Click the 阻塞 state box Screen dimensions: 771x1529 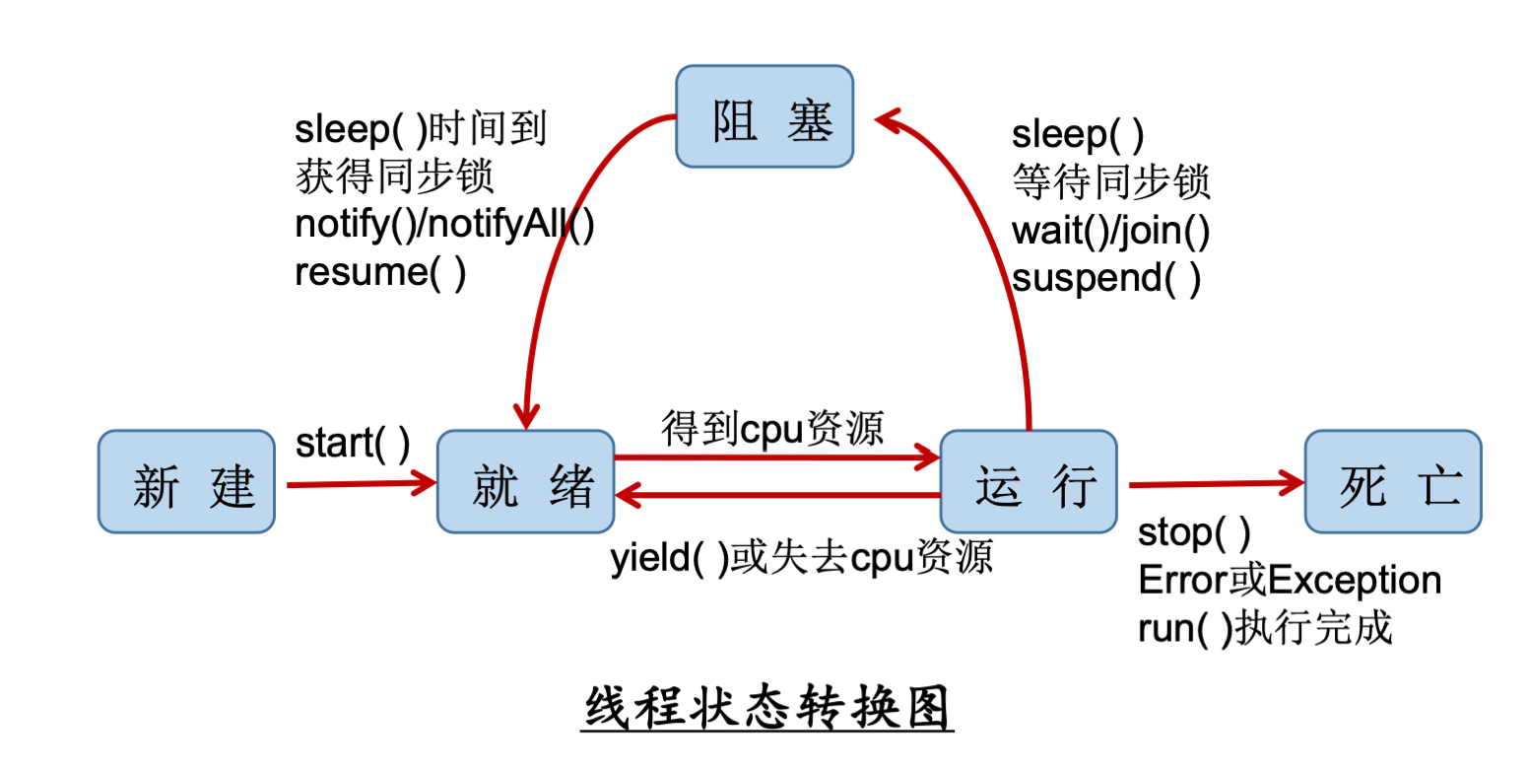click(764, 116)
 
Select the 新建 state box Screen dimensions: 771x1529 click(186, 482)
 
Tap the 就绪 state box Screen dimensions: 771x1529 click(526, 482)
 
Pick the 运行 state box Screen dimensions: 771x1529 click(1029, 482)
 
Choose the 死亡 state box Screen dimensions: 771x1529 click(1393, 482)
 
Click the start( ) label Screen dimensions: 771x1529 click(353, 445)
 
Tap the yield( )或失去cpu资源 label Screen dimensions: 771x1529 click(801, 559)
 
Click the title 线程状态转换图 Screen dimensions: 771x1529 click(766, 708)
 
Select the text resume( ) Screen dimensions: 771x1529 click(380, 272)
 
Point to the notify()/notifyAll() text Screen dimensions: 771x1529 click(445, 226)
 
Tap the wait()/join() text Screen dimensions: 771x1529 click(1110, 232)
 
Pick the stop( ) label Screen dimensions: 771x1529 click(1194, 533)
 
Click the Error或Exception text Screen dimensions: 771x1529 click(1290, 581)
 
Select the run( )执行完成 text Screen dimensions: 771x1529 click(1265, 628)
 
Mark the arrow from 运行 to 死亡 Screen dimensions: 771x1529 click(1216, 484)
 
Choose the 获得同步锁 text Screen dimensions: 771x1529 click(394, 177)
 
